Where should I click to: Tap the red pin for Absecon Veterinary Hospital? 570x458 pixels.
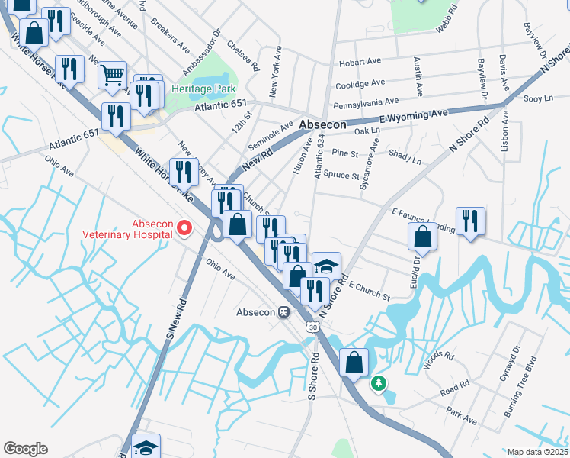point(184,227)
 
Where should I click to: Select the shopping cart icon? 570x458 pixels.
point(112,75)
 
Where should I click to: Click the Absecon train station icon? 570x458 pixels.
point(283,312)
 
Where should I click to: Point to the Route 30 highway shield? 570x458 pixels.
point(313,327)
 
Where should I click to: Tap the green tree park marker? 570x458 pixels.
point(379,383)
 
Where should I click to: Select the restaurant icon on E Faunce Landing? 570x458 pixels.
point(470,221)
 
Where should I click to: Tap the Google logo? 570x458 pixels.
point(25,449)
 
